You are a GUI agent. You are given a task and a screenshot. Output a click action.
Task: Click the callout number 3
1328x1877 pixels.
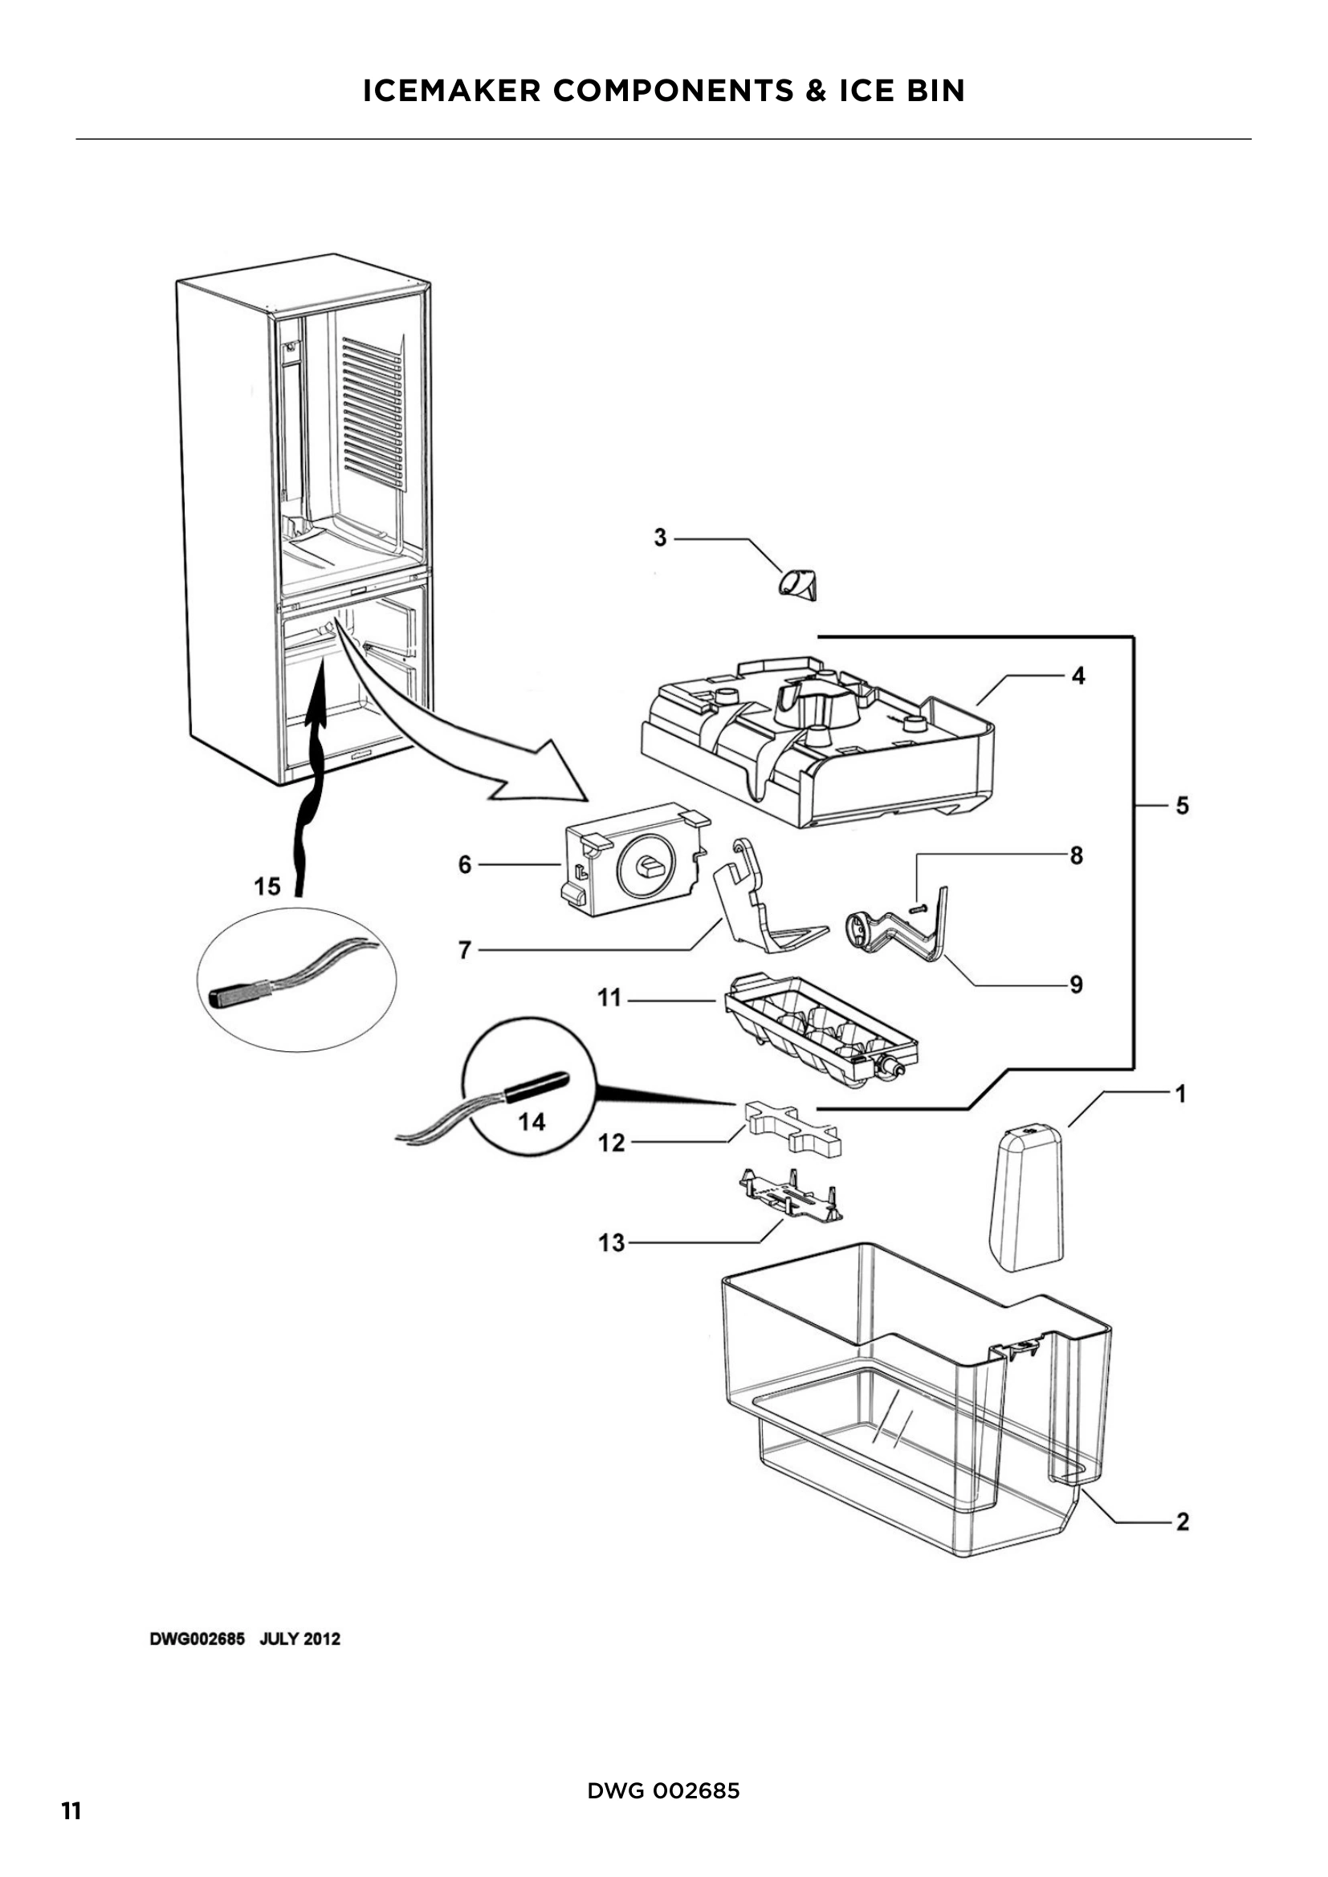[x=660, y=538]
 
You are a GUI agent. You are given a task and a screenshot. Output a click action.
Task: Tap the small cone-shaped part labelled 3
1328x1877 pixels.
[x=799, y=585]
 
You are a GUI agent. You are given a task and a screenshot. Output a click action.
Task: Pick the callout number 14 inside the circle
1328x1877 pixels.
[x=532, y=1122]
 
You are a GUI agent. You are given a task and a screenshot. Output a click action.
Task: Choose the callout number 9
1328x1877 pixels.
[x=1076, y=985]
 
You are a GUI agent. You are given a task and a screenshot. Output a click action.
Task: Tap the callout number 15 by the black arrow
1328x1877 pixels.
[x=267, y=886]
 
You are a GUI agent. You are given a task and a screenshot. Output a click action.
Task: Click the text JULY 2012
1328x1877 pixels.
[x=299, y=1639]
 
